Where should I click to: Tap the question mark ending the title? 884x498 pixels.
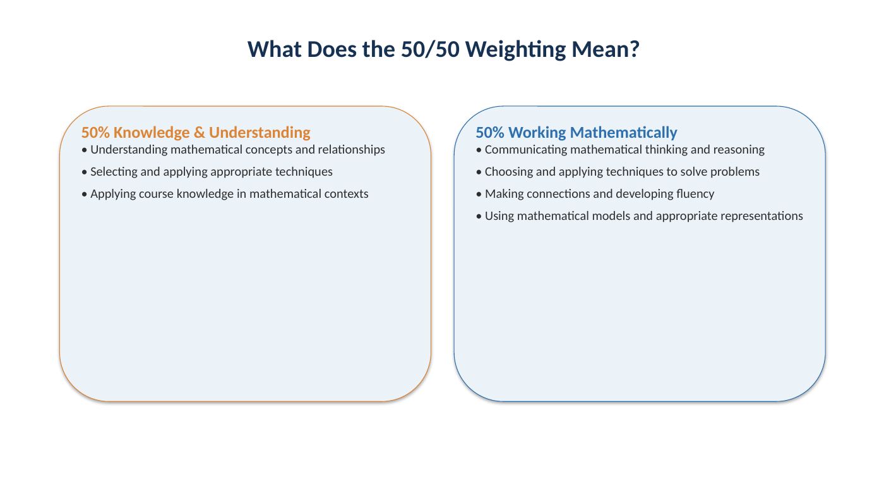pos(634,49)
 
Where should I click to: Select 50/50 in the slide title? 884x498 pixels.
pos(430,49)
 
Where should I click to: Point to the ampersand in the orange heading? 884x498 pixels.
pos(200,132)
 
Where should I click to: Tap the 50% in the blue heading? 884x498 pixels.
pos(490,132)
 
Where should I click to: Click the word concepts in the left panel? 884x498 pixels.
pos(268,150)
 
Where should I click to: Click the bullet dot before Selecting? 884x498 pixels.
pos(84,172)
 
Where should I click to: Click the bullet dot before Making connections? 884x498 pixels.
pos(479,194)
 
